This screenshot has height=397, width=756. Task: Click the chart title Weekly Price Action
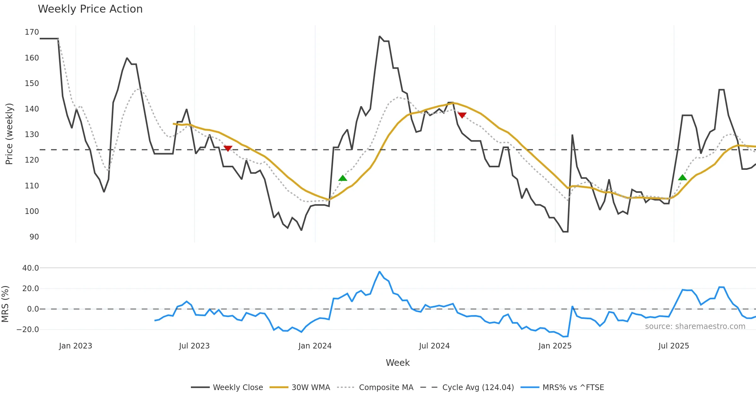coord(90,9)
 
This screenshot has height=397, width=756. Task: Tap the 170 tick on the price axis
coord(32,32)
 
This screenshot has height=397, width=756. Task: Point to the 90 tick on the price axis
coord(34,237)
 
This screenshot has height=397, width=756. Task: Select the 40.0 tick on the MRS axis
coord(31,268)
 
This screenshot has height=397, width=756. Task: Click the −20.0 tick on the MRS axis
coord(28,330)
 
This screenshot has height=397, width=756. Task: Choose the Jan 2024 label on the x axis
coord(315,346)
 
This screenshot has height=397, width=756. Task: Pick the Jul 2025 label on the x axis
coord(673,346)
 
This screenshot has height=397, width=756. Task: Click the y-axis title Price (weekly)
coord(9,134)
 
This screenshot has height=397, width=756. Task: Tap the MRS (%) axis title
coord(5,304)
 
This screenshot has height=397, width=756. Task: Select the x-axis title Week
coord(398,363)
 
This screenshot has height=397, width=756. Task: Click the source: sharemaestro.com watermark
coord(695,326)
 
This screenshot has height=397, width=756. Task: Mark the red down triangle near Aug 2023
coord(228,148)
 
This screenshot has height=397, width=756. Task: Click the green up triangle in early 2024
coord(343,178)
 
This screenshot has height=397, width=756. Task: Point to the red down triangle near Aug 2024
coord(462,115)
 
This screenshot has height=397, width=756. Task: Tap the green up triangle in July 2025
coord(682,178)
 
